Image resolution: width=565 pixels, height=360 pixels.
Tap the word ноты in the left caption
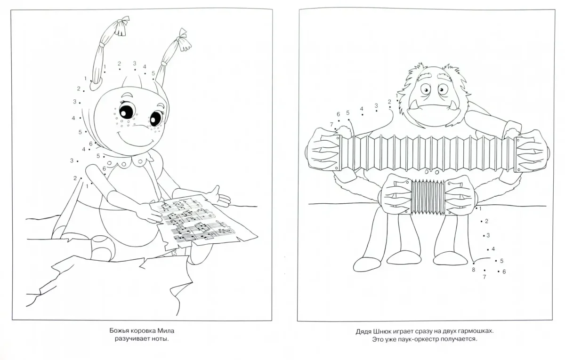pos(160,339)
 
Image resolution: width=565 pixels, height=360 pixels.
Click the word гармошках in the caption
pos(476,331)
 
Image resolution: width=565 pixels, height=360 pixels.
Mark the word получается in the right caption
pos(460,339)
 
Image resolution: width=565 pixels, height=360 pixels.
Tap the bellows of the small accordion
pos(428,197)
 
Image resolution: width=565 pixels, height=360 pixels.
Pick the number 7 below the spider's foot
pos(484,277)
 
